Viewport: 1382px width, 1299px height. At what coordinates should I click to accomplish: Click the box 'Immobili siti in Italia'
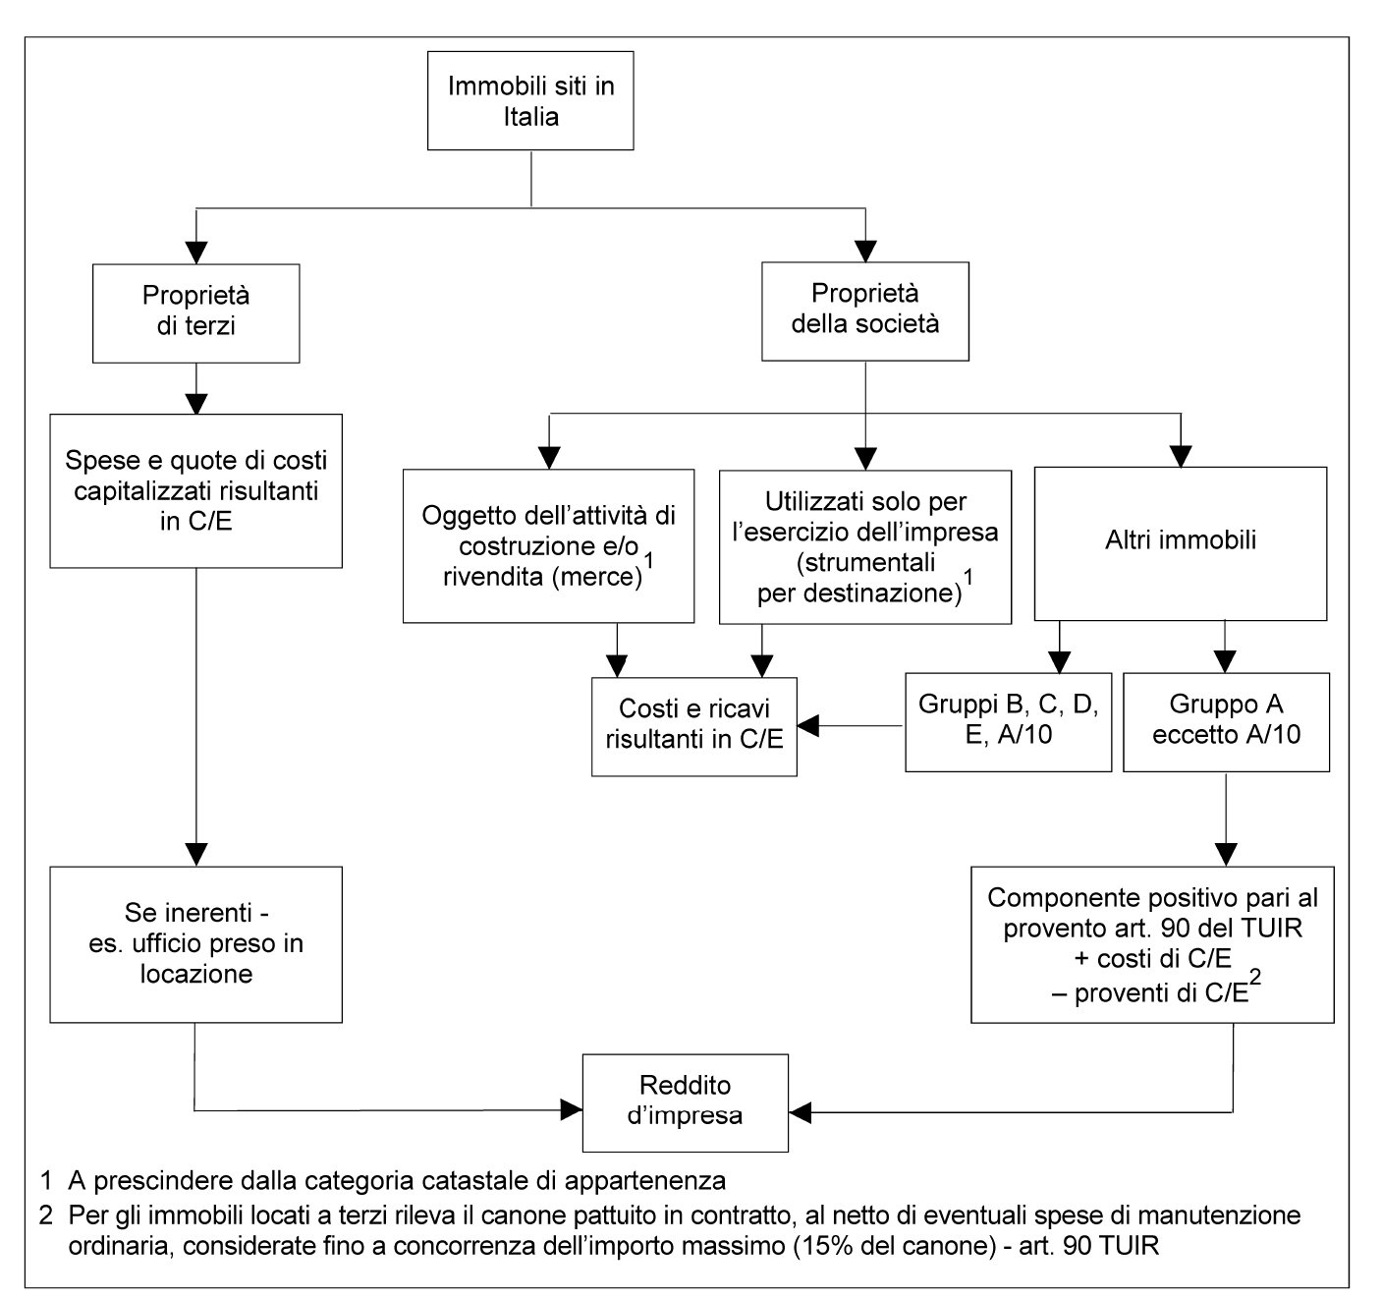coord(530,100)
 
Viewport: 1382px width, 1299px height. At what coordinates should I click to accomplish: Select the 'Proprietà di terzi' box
coord(196,313)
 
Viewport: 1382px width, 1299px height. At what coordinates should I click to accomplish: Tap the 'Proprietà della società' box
coord(865,311)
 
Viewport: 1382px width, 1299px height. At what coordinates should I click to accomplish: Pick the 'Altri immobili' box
coord(1181,543)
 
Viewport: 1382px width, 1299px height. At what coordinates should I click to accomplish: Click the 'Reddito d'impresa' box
coord(685,1102)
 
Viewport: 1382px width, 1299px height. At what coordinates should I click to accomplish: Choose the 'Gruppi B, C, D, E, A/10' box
coord(1009,722)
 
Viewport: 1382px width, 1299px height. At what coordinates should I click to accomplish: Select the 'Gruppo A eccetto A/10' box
coord(1226,722)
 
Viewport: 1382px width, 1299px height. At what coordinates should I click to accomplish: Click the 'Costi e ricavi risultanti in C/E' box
coord(693,727)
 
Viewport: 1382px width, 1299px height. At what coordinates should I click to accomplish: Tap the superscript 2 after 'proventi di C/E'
coord(1255,977)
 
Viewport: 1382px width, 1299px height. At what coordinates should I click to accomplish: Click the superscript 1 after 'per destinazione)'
coord(967,577)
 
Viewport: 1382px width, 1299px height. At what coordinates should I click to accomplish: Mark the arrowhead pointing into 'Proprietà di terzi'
coord(196,253)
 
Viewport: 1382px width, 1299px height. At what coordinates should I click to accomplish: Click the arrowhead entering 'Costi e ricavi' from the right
coord(808,726)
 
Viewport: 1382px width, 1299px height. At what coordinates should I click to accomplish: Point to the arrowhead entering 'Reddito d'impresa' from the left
coord(572,1109)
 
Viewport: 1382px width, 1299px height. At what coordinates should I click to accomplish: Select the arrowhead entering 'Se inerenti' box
coord(196,855)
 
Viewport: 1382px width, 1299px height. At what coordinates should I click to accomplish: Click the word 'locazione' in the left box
coord(196,974)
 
